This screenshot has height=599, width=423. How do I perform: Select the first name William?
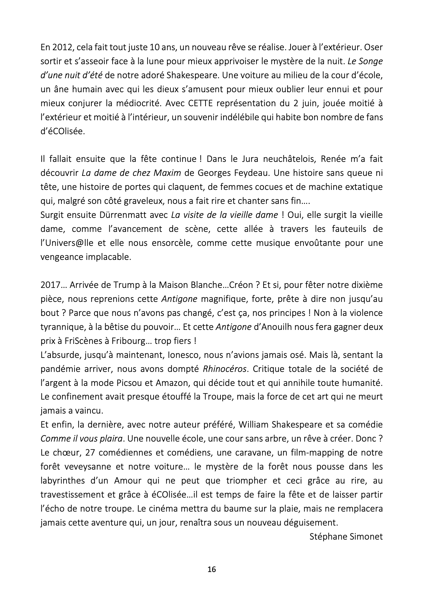[253, 424]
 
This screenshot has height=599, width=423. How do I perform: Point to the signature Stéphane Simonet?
[346, 537]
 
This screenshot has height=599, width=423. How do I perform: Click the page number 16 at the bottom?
[212, 569]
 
